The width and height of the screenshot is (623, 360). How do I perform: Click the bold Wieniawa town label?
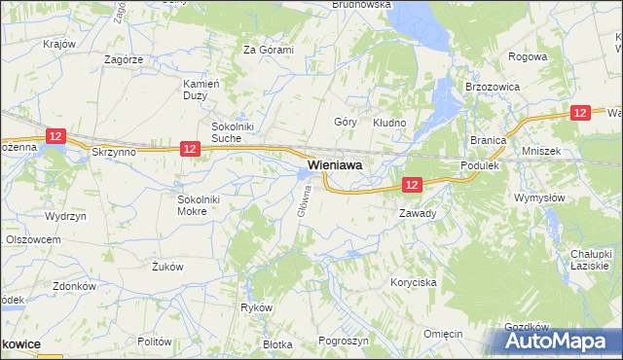coord(336,166)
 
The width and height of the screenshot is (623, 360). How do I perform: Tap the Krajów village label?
coord(60,45)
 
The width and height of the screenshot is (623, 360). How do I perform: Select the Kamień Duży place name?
coord(202,90)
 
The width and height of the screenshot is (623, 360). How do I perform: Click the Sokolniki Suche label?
coord(235,132)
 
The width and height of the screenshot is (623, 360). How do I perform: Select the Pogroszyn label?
coord(343,341)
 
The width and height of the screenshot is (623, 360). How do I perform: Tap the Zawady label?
coord(418,212)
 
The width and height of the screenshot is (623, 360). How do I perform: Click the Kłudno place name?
coord(389,123)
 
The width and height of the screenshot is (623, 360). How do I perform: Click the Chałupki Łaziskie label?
coord(590,260)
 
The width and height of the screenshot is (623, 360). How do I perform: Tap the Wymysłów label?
coord(539,198)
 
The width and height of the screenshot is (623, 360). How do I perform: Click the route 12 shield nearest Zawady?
coord(412,184)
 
